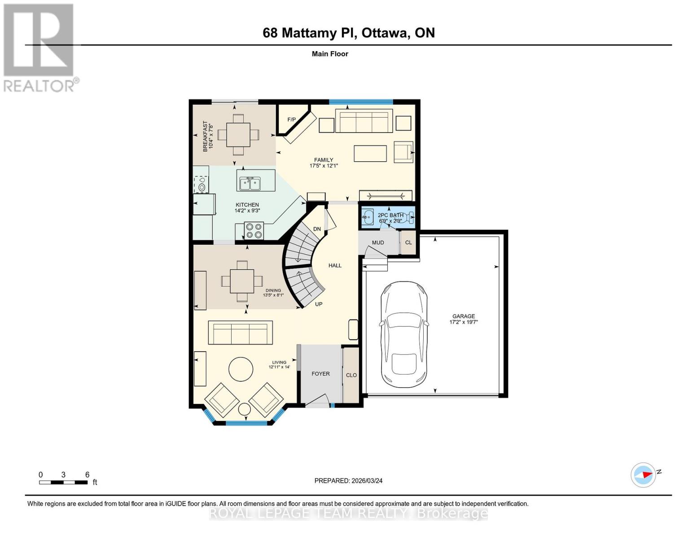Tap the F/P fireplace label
coord(292,119)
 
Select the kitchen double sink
coord(250,183)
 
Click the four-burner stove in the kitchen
coord(254,231)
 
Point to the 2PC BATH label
coord(390,215)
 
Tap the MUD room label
coord(378,243)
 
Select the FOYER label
coord(320,374)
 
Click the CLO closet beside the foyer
coord(351,375)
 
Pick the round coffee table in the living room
coord(241,369)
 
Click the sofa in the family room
coord(364,121)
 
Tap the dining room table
coord(242,281)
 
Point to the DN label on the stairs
coord(317,229)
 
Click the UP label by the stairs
coord(319,304)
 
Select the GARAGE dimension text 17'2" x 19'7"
coord(464,322)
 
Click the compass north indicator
coord(643,475)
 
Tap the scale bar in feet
coord(63,482)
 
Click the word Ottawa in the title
coord(385,33)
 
